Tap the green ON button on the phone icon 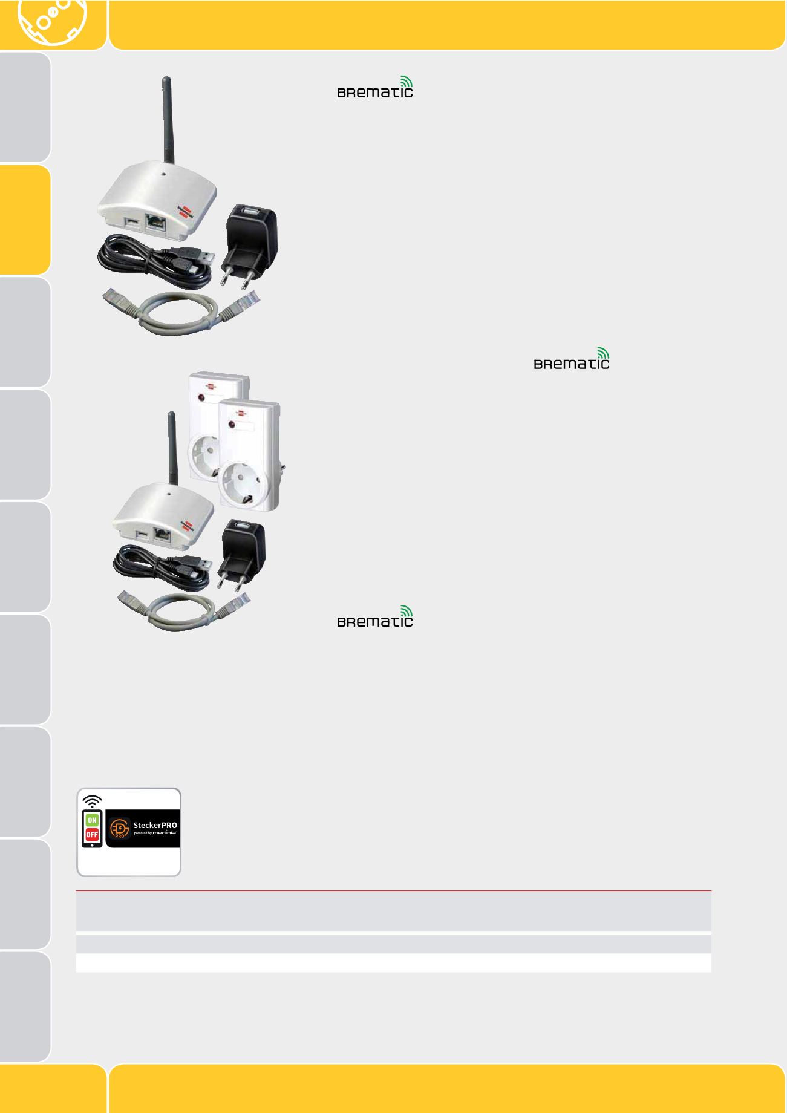pyautogui.click(x=92, y=820)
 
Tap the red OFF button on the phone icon pyautogui.click(x=92, y=835)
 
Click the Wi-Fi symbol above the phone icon pyautogui.click(x=92, y=801)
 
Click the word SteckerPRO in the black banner pyautogui.click(x=155, y=825)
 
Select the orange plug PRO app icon pyautogui.click(x=119, y=828)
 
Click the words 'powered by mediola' pyautogui.click(x=155, y=833)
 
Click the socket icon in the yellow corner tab pyautogui.click(x=52, y=21)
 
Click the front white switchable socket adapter pyautogui.click(x=248, y=460)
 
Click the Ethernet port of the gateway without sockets pyautogui.click(x=156, y=222)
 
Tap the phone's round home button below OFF pyautogui.click(x=92, y=844)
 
